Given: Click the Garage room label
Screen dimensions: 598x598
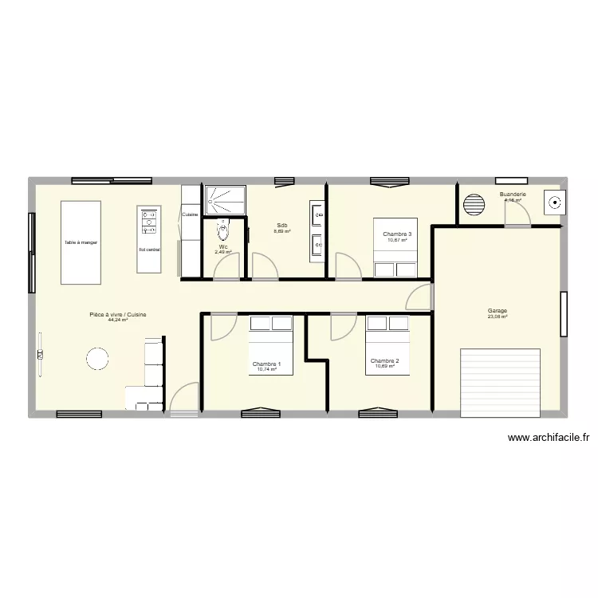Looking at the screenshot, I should [498, 311].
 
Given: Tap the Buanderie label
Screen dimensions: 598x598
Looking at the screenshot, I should [512, 195].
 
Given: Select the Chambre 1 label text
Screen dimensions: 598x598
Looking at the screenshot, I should [266, 364].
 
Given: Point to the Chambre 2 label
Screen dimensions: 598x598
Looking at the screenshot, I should [384, 360].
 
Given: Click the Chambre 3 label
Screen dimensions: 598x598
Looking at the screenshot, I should [396, 234].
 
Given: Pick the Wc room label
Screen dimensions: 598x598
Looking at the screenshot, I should [223, 247].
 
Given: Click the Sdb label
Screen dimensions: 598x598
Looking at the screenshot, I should [282, 226].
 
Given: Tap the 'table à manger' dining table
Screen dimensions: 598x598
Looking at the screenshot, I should [81, 242].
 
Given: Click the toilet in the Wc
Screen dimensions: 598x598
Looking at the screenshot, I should [223, 231].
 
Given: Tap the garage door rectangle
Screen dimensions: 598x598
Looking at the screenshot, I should [501, 382].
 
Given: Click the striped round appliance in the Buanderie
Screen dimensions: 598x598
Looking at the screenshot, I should [475, 204].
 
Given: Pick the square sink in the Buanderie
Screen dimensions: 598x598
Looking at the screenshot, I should [552, 203].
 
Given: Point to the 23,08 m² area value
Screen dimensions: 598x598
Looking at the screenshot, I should [498, 317].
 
